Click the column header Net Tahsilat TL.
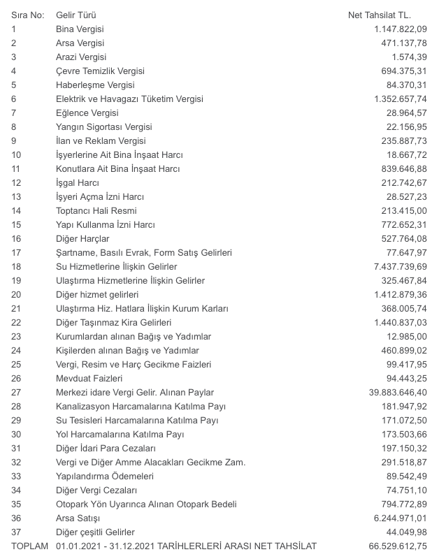click(380, 15)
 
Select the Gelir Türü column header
click(76, 15)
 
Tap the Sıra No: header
click(27, 15)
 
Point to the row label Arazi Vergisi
click(82, 57)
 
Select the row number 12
click(17, 182)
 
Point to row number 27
click(17, 392)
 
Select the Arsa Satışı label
click(78, 518)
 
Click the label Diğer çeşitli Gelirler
click(95, 532)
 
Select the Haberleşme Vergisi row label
click(94, 85)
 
